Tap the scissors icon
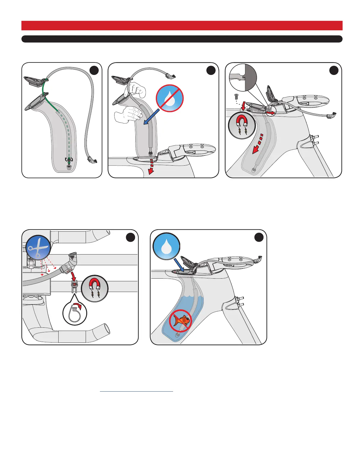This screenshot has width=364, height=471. (x=38, y=247)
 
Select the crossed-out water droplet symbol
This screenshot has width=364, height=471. (x=170, y=98)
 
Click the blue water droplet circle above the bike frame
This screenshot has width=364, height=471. (x=166, y=247)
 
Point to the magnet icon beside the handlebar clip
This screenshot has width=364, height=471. (x=95, y=288)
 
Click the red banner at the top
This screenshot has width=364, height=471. (x=182, y=26)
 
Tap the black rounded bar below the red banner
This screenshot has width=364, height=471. (x=182, y=39)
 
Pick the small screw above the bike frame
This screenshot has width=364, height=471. (x=236, y=97)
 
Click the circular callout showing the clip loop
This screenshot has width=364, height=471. (x=75, y=313)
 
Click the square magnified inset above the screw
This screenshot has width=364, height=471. (x=243, y=77)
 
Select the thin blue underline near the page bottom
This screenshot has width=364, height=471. (x=136, y=391)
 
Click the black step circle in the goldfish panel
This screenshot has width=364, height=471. (x=259, y=237)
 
